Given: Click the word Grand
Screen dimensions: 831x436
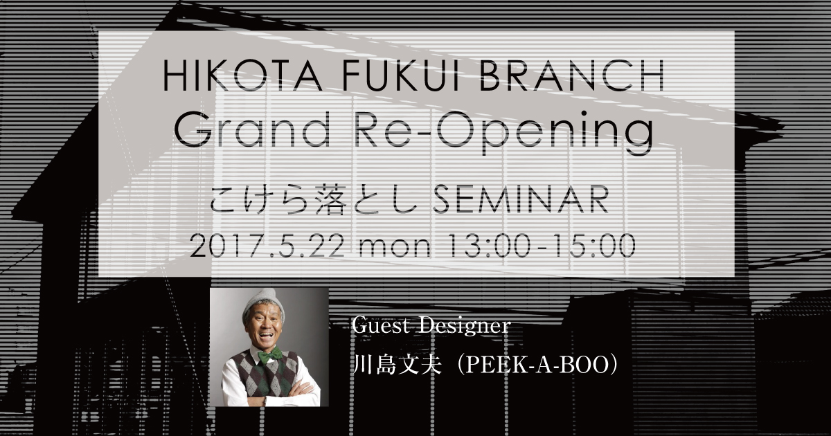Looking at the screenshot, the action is click(x=252, y=130).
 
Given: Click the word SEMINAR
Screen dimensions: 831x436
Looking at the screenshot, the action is click(x=521, y=200).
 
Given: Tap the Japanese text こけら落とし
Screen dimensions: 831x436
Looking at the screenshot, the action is click(x=314, y=200).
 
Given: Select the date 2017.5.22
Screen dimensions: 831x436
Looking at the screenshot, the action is click(x=267, y=246).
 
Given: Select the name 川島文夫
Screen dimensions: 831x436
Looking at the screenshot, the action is click(x=397, y=365).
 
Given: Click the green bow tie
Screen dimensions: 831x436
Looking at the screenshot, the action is click(x=269, y=355).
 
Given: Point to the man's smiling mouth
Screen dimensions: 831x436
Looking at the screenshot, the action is click(x=265, y=336).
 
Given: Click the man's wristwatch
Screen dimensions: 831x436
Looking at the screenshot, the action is click(x=265, y=401).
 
